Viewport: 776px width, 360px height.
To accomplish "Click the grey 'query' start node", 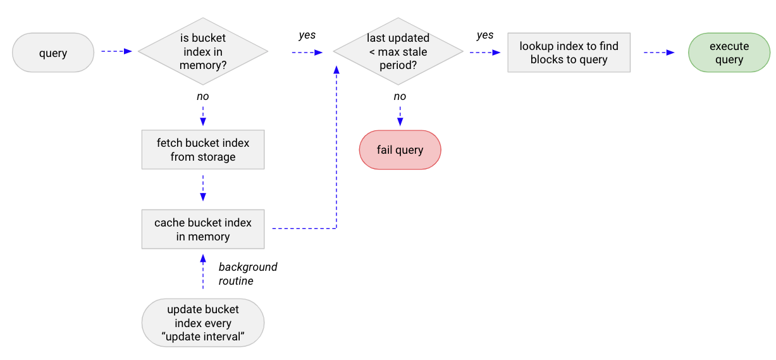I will coord(53,53).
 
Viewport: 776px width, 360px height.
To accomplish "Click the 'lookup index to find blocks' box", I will coord(569,53).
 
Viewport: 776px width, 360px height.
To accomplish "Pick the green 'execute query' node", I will coord(729,53).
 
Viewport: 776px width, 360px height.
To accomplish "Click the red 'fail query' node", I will coord(400,150).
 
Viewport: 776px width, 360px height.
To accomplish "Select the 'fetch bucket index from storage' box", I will coord(202,150).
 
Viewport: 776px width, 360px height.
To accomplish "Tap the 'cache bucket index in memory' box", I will coord(202,229).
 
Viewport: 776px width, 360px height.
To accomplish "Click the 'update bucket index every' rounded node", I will coord(202,323).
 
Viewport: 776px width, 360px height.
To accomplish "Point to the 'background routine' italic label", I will coord(247,273).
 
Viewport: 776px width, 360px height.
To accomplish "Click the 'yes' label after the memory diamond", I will coord(307,35).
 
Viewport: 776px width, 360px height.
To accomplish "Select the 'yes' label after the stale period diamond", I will coord(484,35).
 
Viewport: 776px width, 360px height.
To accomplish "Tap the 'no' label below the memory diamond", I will coord(202,96).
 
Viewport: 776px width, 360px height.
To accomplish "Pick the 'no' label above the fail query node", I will coord(400,96).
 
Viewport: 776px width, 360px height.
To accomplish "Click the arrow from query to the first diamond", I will coord(116,51).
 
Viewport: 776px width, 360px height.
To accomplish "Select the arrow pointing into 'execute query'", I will coord(659,53).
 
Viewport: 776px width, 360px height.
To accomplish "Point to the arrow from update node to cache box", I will coord(202,271).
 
